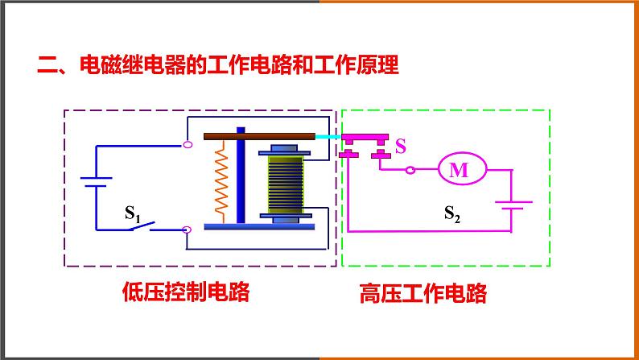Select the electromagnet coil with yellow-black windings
pyautogui.click(x=286, y=184)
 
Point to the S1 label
pyautogui.click(x=133, y=214)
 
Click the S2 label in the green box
pyautogui.click(x=453, y=213)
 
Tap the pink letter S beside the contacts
pyautogui.click(x=401, y=147)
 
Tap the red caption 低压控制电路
pyautogui.click(x=185, y=292)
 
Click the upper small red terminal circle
pyautogui.click(x=188, y=145)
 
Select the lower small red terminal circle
pyautogui.click(x=188, y=230)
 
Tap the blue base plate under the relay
pyautogui.click(x=258, y=226)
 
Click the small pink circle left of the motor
pyautogui.click(x=410, y=170)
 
